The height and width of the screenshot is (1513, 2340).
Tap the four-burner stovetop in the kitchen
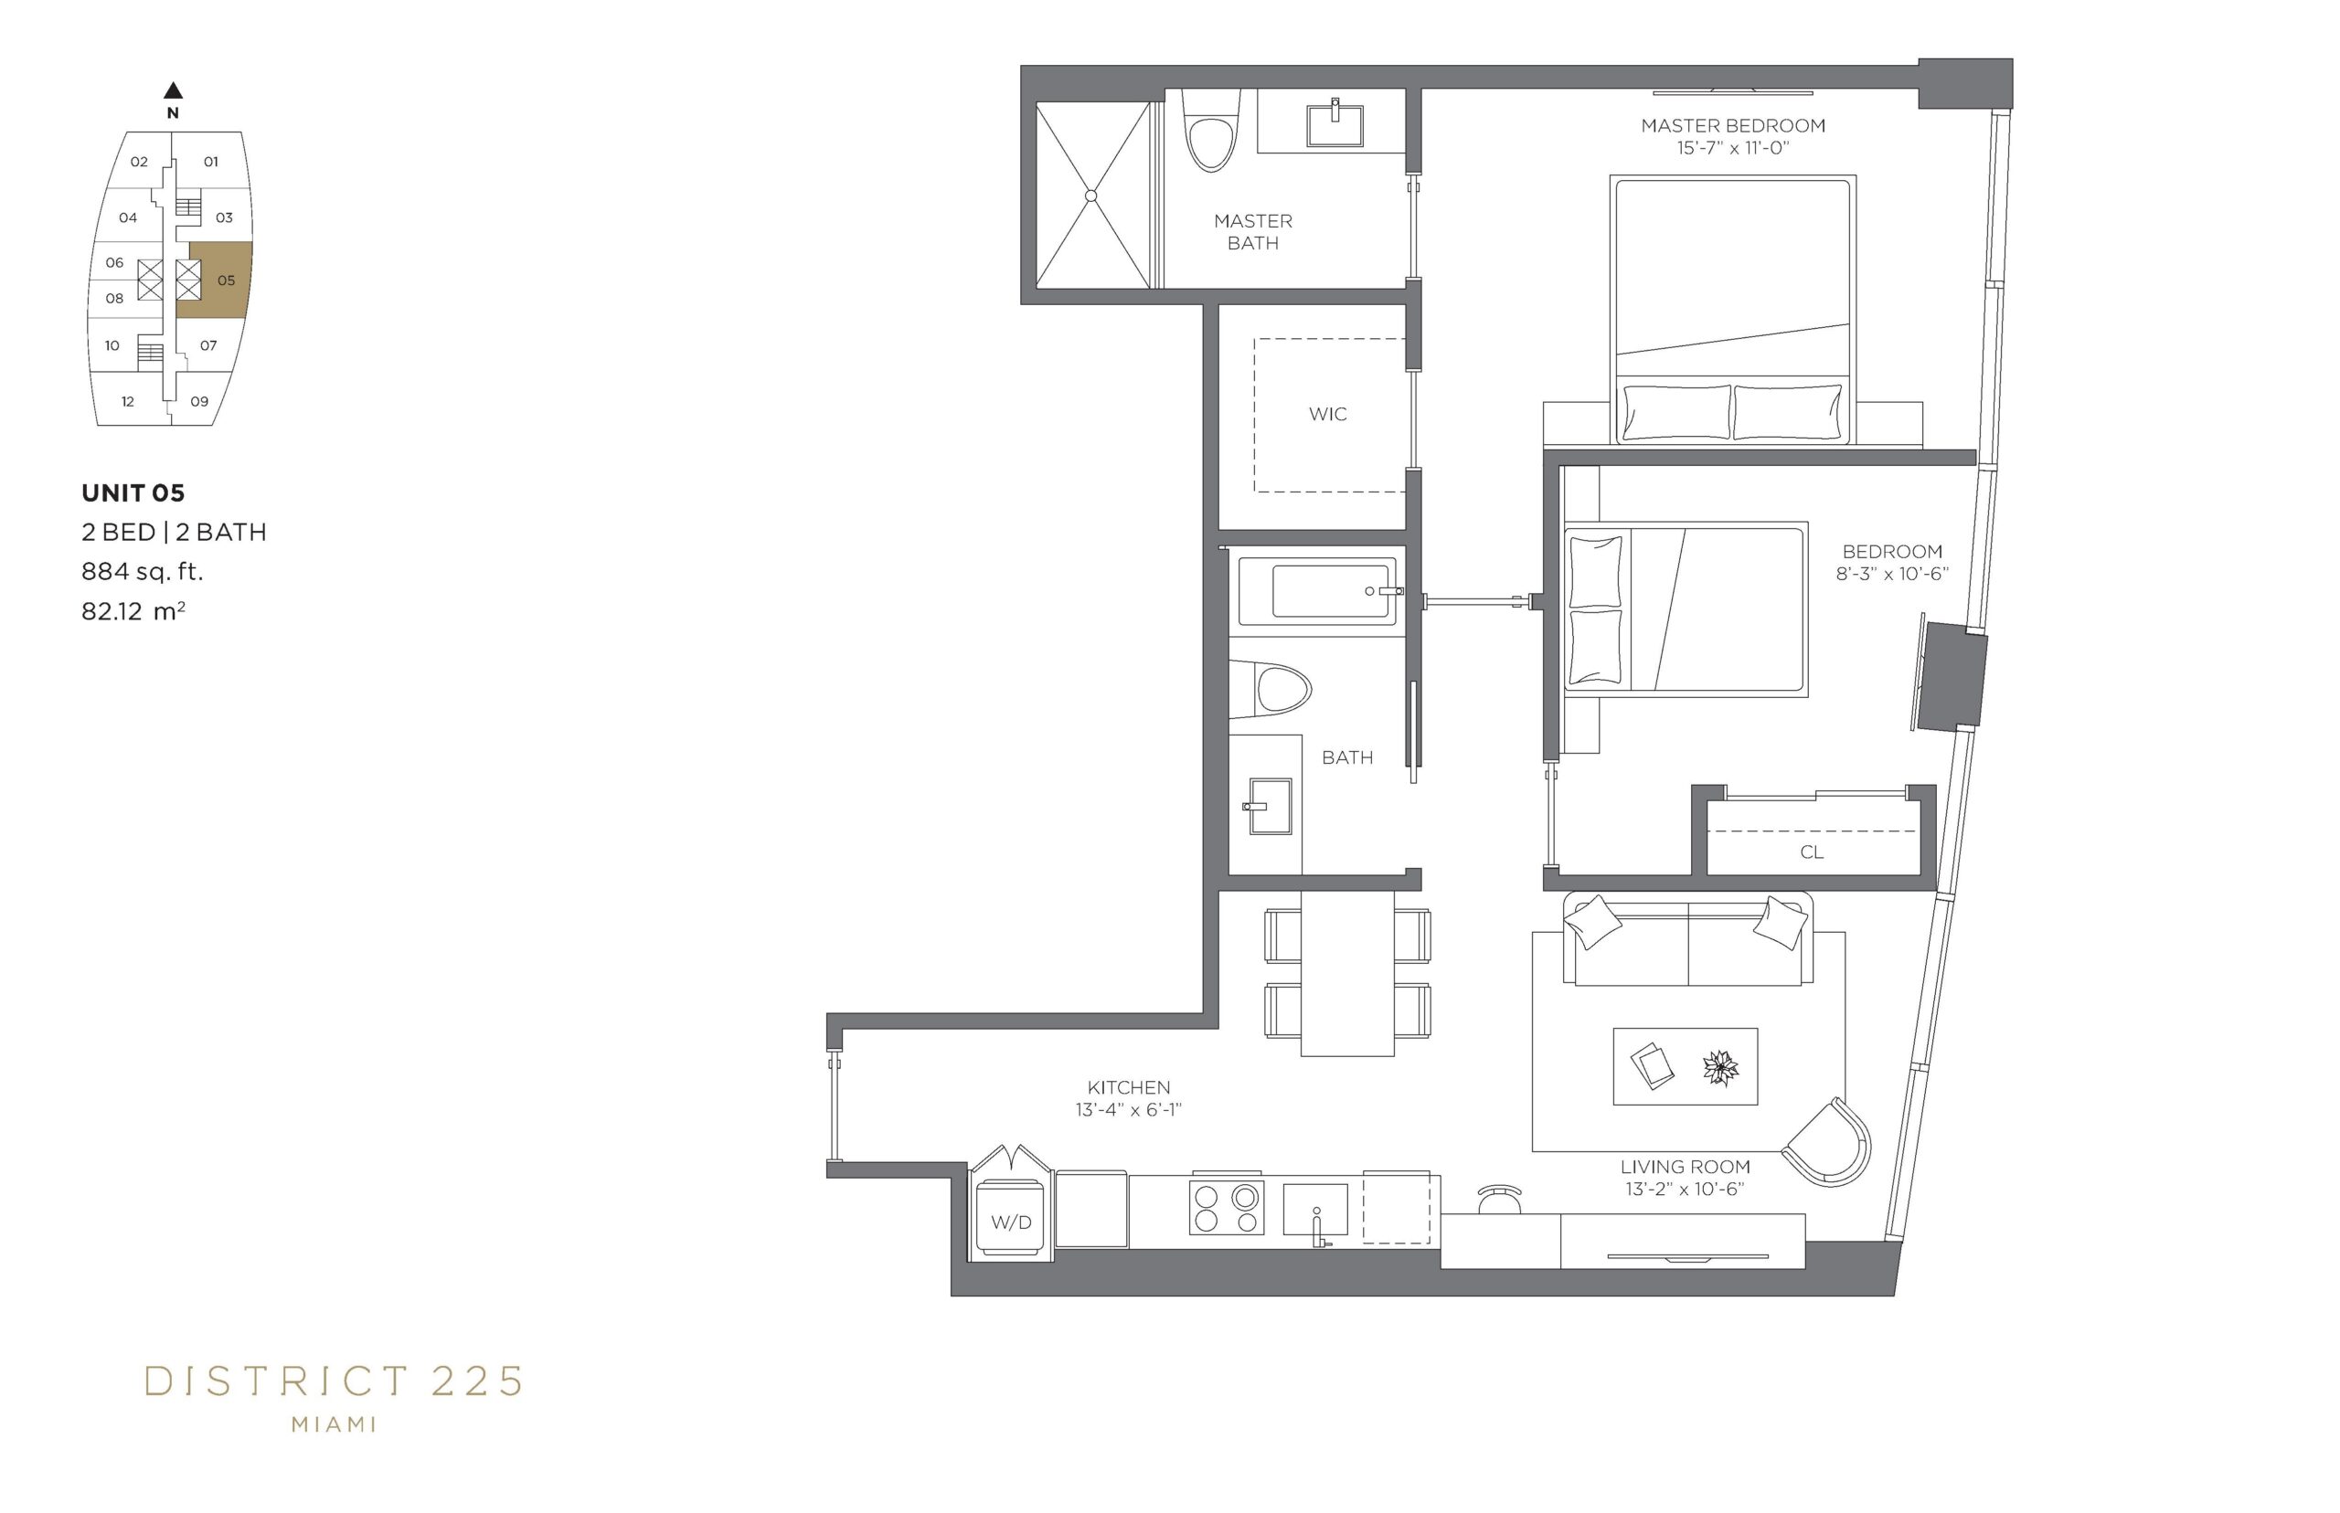coord(1226,1208)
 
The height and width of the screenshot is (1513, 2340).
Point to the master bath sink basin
coord(1335,122)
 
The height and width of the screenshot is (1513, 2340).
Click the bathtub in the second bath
coord(1317,591)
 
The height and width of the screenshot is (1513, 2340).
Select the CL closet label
coord(1812,852)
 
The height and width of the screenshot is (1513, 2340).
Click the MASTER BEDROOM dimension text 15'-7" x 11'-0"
coord(1733,148)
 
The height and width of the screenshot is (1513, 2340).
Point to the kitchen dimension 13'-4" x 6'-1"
coord(1128,1110)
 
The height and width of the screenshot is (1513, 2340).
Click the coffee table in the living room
coord(1685,1066)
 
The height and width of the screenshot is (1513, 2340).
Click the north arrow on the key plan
coord(173,90)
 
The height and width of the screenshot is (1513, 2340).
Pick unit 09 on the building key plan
coord(199,401)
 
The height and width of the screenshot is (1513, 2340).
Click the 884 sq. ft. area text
coord(143,572)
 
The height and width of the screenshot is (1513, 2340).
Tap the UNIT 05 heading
coord(133,493)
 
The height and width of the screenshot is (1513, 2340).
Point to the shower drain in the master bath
coord(1090,196)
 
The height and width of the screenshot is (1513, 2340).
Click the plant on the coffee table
coord(1720,1067)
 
